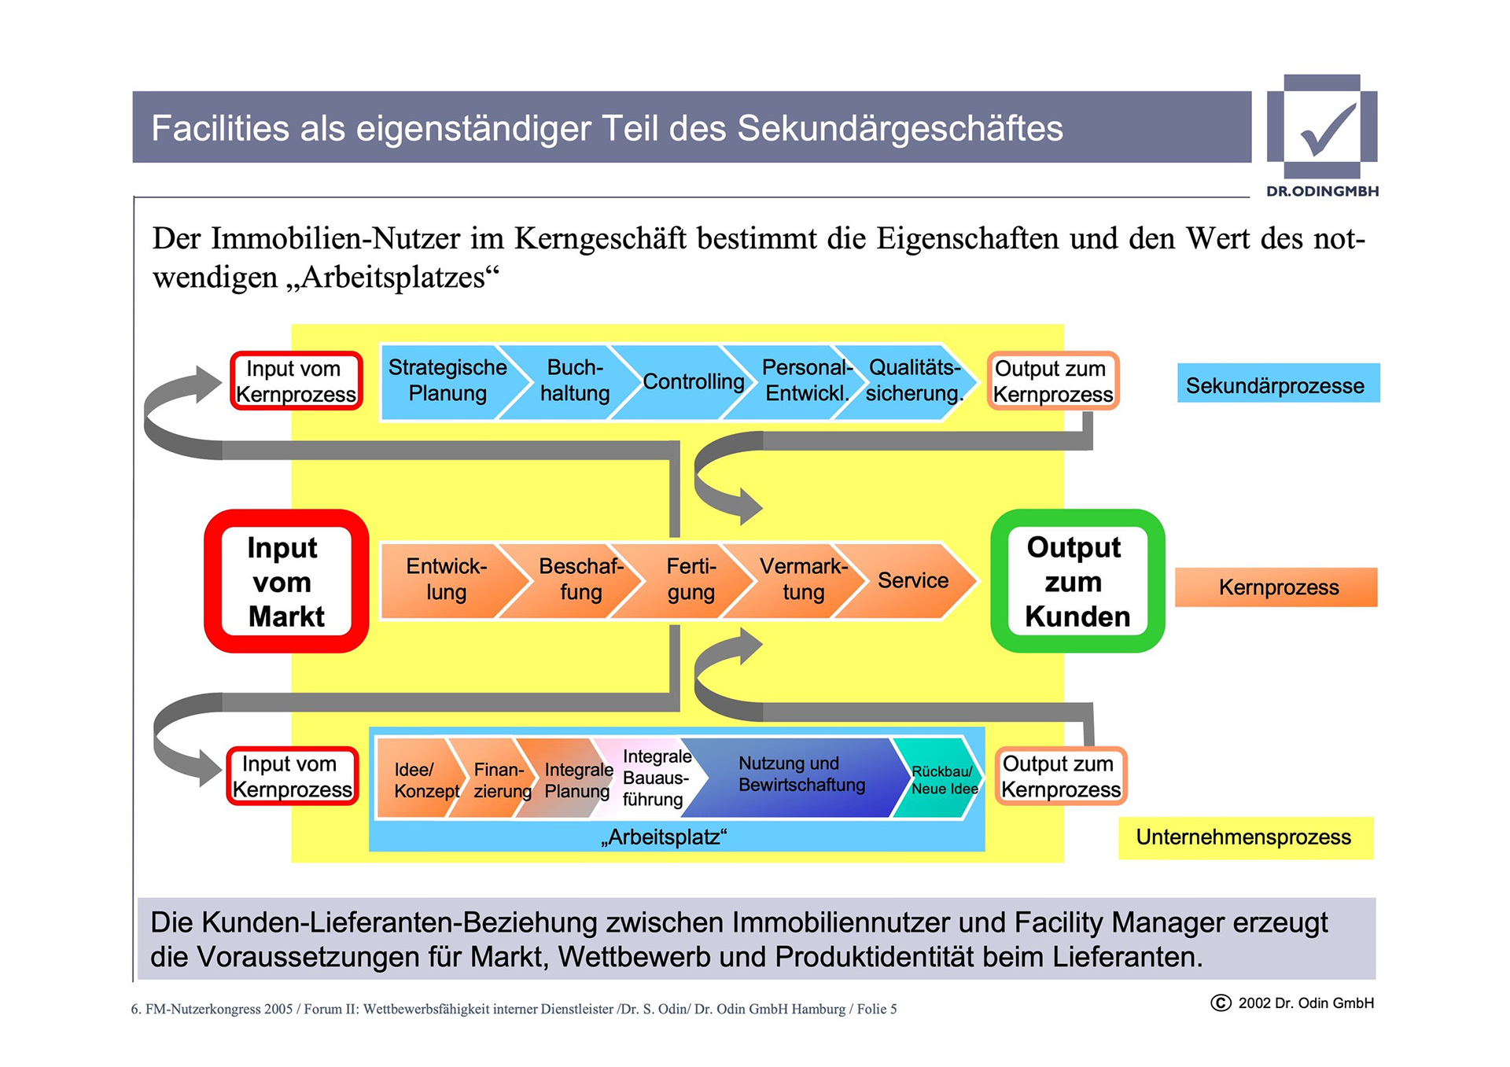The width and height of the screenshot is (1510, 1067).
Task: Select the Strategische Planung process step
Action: [x=447, y=381]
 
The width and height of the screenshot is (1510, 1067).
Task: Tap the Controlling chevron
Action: [x=692, y=382]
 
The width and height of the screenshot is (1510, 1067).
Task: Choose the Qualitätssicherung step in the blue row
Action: [x=914, y=381]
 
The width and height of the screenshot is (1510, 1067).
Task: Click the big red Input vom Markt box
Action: [x=285, y=581]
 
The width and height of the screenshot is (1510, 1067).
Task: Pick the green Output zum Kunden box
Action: [x=1077, y=581]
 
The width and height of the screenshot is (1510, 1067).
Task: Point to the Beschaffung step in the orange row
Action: [x=580, y=579]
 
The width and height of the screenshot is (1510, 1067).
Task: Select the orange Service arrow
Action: [x=912, y=580]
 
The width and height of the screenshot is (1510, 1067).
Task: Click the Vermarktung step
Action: [x=802, y=579]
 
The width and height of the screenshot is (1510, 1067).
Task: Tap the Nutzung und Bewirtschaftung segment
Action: [x=801, y=774]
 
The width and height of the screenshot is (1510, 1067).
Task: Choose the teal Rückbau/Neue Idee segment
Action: [x=942, y=779]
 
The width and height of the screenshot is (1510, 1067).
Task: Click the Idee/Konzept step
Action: [x=417, y=779]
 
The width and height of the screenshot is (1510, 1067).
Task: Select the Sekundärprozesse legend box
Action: [x=1277, y=384]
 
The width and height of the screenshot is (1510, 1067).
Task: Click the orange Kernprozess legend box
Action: [x=1277, y=587]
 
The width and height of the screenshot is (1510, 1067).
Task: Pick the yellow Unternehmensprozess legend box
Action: [x=1244, y=837]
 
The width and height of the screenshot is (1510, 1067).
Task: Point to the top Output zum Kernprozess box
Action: [x=1053, y=381]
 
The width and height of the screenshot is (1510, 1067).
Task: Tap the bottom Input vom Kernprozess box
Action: [x=293, y=776]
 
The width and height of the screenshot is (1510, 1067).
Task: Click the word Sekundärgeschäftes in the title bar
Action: [x=900, y=129]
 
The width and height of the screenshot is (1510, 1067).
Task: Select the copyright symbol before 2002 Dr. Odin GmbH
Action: [x=1221, y=1003]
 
